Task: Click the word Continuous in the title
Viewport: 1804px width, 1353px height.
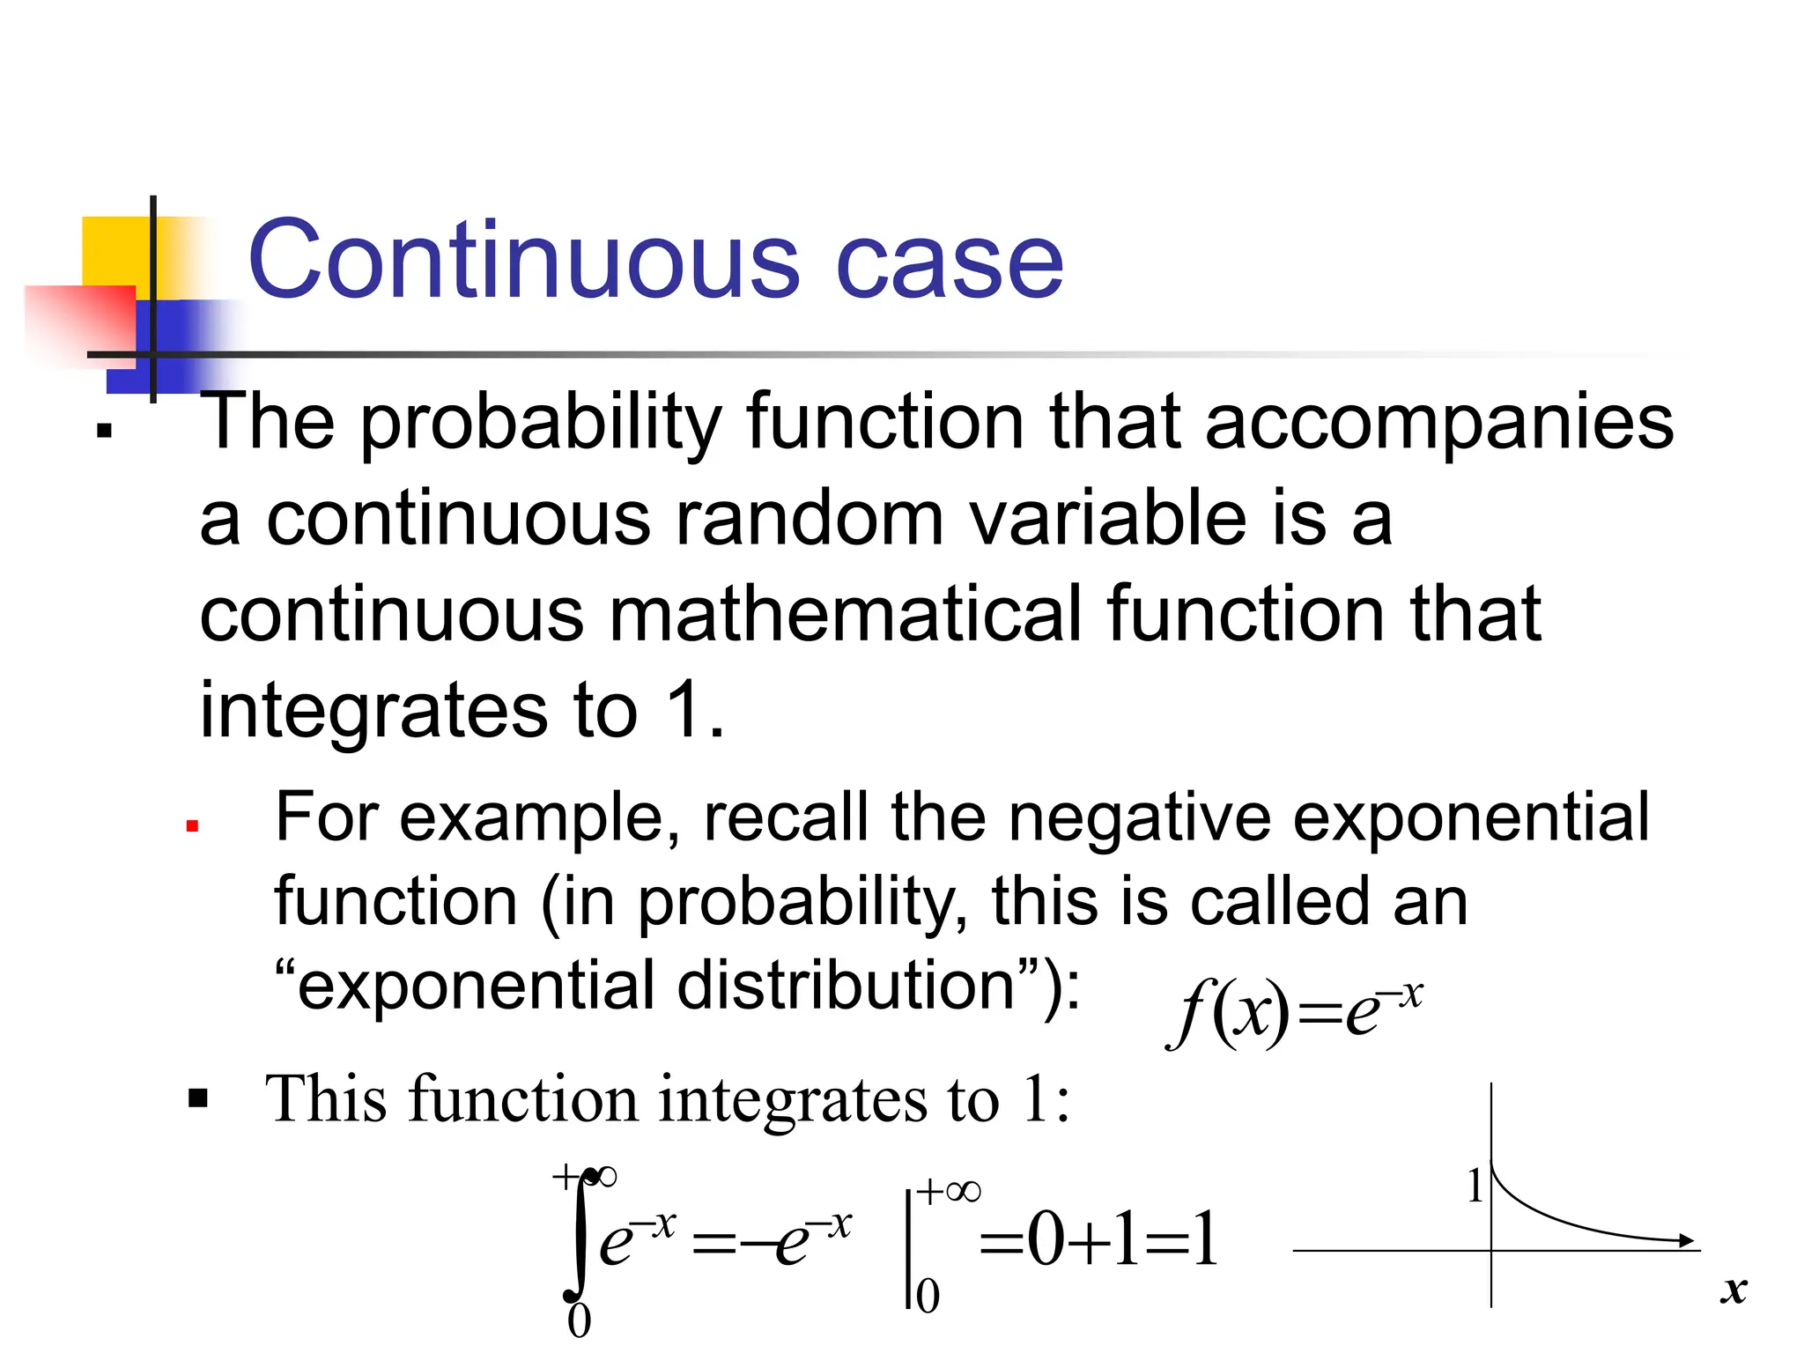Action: click(524, 261)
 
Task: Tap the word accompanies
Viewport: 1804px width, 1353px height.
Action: click(1438, 423)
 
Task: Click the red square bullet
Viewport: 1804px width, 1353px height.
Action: click(192, 826)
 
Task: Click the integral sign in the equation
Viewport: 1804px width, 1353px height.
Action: click(578, 1238)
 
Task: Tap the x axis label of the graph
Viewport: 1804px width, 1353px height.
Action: click(1734, 1290)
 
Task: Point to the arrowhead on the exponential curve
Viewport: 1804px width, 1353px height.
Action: click(1686, 1240)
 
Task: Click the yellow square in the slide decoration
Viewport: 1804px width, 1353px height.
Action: click(115, 251)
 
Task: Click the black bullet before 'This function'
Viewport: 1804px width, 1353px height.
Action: click(198, 1098)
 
